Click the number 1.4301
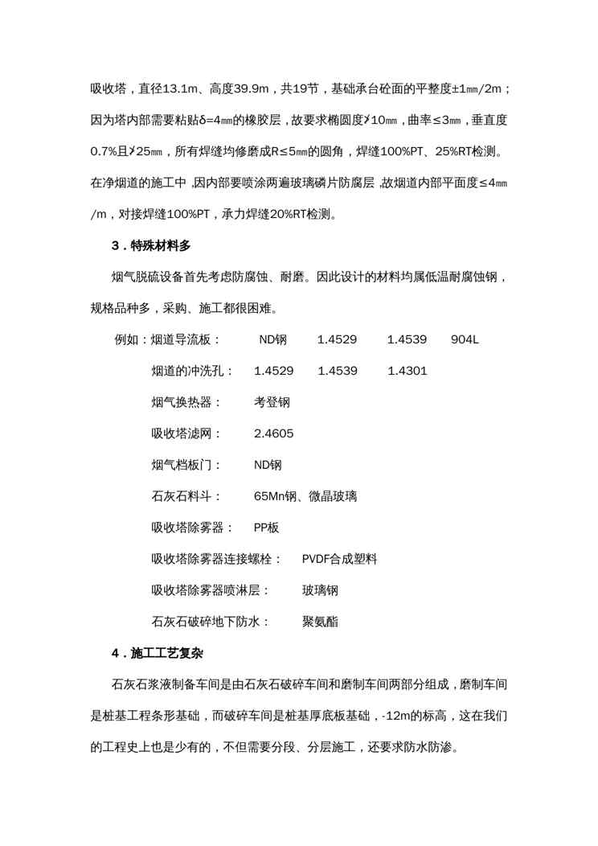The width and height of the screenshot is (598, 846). [x=407, y=372]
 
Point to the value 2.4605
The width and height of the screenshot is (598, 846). [x=273, y=434]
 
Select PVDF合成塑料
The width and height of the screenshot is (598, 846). [x=339, y=560]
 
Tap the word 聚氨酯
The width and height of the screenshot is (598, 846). [x=319, y=622]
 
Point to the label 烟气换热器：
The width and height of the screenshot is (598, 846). [x=187, y=403]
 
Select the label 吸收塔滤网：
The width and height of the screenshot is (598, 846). [x=187, y=434]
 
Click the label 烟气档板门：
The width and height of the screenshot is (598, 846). [x=187, y=466]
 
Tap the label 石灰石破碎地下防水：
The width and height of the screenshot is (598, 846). [x=211, y=622]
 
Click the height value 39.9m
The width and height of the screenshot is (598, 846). [x=273, y=87]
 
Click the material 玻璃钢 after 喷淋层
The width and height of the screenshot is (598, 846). [x=319, y=591]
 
